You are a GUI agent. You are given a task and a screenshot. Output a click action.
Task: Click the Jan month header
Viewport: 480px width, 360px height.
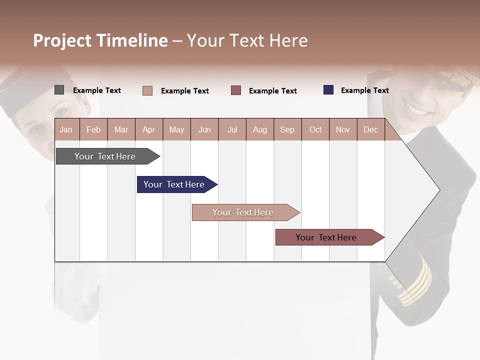[66, 129]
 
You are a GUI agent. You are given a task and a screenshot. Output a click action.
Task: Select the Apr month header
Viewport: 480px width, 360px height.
[148, 129]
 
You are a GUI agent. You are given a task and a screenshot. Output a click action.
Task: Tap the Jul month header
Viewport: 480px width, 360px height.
[232, 129]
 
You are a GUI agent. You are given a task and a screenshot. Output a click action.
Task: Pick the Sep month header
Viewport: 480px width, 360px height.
[287, 129]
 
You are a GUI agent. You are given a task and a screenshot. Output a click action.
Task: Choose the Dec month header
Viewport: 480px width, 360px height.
[370, 129]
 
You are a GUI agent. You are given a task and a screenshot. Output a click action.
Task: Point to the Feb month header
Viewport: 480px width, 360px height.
[93, 129]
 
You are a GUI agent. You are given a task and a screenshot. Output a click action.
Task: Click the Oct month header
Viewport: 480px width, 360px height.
[315, 129]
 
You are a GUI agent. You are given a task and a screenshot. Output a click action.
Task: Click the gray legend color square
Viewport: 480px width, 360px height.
[59, 90]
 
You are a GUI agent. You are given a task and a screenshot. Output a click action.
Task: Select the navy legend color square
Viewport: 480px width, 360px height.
[328, 90]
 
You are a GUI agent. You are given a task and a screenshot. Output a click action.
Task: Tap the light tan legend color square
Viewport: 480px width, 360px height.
[147, 90]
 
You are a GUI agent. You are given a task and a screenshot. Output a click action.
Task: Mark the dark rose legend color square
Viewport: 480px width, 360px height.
[236, 90]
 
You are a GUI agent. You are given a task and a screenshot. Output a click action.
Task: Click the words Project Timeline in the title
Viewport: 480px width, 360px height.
[100, 40]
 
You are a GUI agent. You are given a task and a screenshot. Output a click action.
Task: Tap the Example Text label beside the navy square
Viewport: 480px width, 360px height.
[364, 90]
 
